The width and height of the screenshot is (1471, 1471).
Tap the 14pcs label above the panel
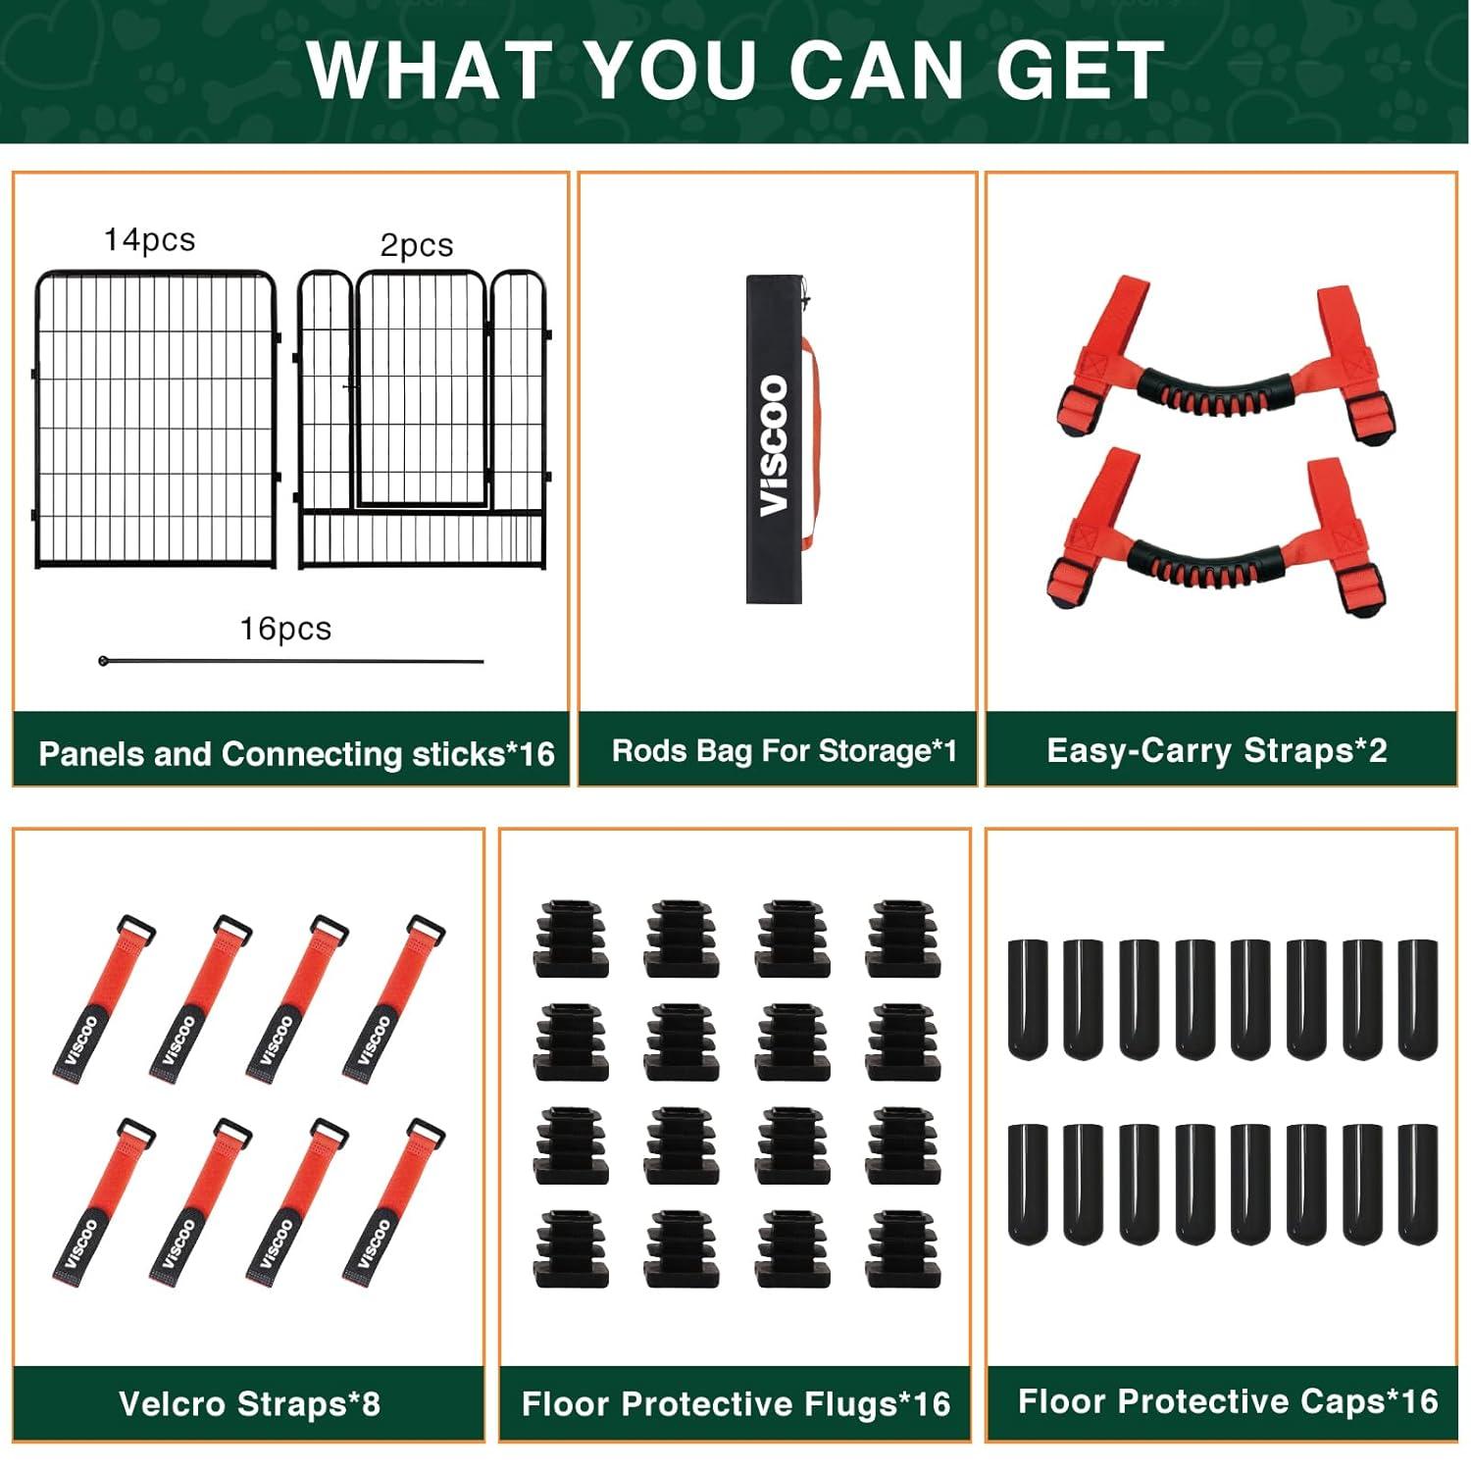coord(150,240)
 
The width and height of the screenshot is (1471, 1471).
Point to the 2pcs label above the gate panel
coord(417,244)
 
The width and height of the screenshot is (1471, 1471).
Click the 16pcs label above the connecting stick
coord(285,629)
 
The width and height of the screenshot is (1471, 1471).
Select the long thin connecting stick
coord(291,661)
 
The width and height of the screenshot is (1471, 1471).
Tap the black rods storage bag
coord(775,438)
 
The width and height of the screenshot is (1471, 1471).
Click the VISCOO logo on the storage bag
coord(775,445)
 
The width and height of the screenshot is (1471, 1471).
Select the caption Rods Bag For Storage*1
coord(784,751)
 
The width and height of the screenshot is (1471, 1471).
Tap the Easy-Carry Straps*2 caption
coord(1217,750)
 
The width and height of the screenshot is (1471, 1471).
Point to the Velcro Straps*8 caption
coord(249,1403)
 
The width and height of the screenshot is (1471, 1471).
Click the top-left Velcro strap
coord(103,998)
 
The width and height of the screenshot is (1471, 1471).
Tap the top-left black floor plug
coord(572,938)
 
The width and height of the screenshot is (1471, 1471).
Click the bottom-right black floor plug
coord(903,1248)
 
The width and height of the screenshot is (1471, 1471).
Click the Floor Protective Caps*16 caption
coord(1228,1401)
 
